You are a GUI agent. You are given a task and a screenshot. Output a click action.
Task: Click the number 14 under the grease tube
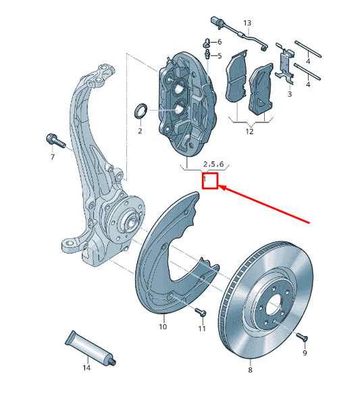pos(86,368)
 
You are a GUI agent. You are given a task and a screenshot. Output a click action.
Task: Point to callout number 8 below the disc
pos(249,370)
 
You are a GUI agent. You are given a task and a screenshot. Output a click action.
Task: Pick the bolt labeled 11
pos(199,312)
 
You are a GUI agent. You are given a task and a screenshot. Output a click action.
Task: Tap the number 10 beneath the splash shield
pos(163,327)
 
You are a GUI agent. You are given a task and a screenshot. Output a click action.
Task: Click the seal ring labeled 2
pos(141,110)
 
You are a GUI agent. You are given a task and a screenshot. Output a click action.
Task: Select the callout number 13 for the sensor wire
pos(247,23)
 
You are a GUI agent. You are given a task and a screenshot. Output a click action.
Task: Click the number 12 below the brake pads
pos(249,132)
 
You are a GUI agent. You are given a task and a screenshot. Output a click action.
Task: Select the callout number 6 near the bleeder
pos(218,42)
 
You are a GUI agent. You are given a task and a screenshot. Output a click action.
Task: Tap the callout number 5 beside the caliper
pos(218,55)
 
